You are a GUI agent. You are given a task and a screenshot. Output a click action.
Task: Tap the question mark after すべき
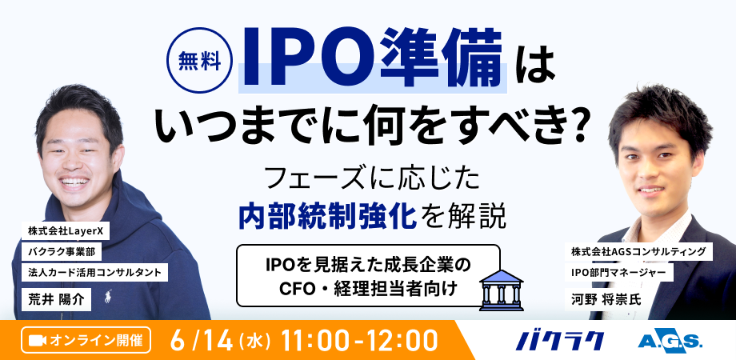coord(578,121)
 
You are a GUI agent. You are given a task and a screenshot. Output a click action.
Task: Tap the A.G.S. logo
coord(670,340)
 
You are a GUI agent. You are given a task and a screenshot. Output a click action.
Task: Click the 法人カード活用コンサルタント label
coord(96,272)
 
